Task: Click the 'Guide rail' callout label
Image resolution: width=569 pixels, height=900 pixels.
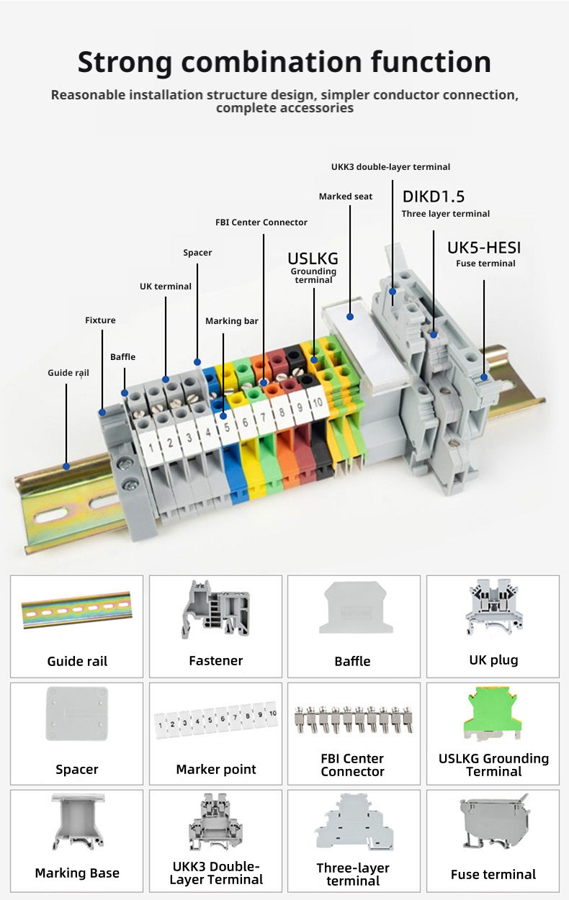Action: [68, 373]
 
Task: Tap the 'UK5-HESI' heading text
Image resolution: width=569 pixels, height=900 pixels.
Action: [484, 248]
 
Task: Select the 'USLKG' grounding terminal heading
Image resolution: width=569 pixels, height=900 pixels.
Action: [313, 258]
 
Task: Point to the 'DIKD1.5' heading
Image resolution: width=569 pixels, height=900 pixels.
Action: [434, 197]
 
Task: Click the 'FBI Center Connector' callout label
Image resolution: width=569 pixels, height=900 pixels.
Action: [261, 222]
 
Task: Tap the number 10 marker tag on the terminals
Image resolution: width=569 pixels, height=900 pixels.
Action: [318, 402]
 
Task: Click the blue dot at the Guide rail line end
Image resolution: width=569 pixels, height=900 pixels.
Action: [66, 466]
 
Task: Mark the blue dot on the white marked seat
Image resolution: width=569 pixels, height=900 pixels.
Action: [351, 315]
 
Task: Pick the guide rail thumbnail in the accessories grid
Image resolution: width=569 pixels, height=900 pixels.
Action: [77, 610]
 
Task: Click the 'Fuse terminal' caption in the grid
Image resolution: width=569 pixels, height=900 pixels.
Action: [493, 874]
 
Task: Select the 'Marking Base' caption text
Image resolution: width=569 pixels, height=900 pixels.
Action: [77, 873]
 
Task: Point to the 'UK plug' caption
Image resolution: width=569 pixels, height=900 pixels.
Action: [493, 660]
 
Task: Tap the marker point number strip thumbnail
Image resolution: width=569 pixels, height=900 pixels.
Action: [215, 720]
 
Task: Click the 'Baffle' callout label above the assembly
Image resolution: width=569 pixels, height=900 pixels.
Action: [122, 357]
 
